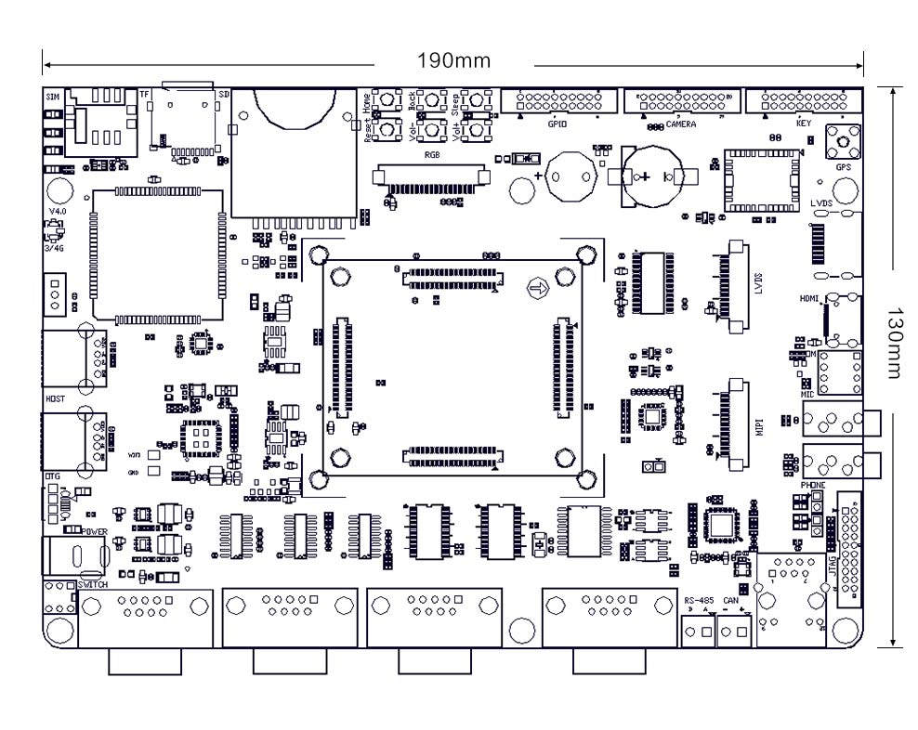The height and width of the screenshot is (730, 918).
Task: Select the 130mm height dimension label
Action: (x=894, y=343)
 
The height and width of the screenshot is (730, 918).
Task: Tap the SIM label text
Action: (x=52, y=96)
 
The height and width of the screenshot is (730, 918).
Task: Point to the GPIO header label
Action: (x=557, y=124)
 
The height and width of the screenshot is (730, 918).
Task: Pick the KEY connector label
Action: (x=804, y=124)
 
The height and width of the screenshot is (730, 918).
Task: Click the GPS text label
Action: (x=843, y=167)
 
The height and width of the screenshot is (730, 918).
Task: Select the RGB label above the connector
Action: (x=432, y=155)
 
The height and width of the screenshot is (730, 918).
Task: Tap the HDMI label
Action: (x=809, y=299)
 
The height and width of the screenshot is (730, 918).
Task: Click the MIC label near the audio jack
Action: (x=807, y=395)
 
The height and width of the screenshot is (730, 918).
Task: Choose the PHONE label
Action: (x=812, y=485)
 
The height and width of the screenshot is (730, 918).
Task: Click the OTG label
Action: (x=52, y=476)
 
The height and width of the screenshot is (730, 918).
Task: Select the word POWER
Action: (x=96, y=532)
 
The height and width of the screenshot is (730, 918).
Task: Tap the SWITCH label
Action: (x=93, y=586)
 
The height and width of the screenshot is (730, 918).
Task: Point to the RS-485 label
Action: (x=698, y=601)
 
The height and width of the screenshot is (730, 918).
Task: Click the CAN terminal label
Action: (x=729, y=601)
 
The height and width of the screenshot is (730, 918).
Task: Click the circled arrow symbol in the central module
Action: (x=536, y=289)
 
